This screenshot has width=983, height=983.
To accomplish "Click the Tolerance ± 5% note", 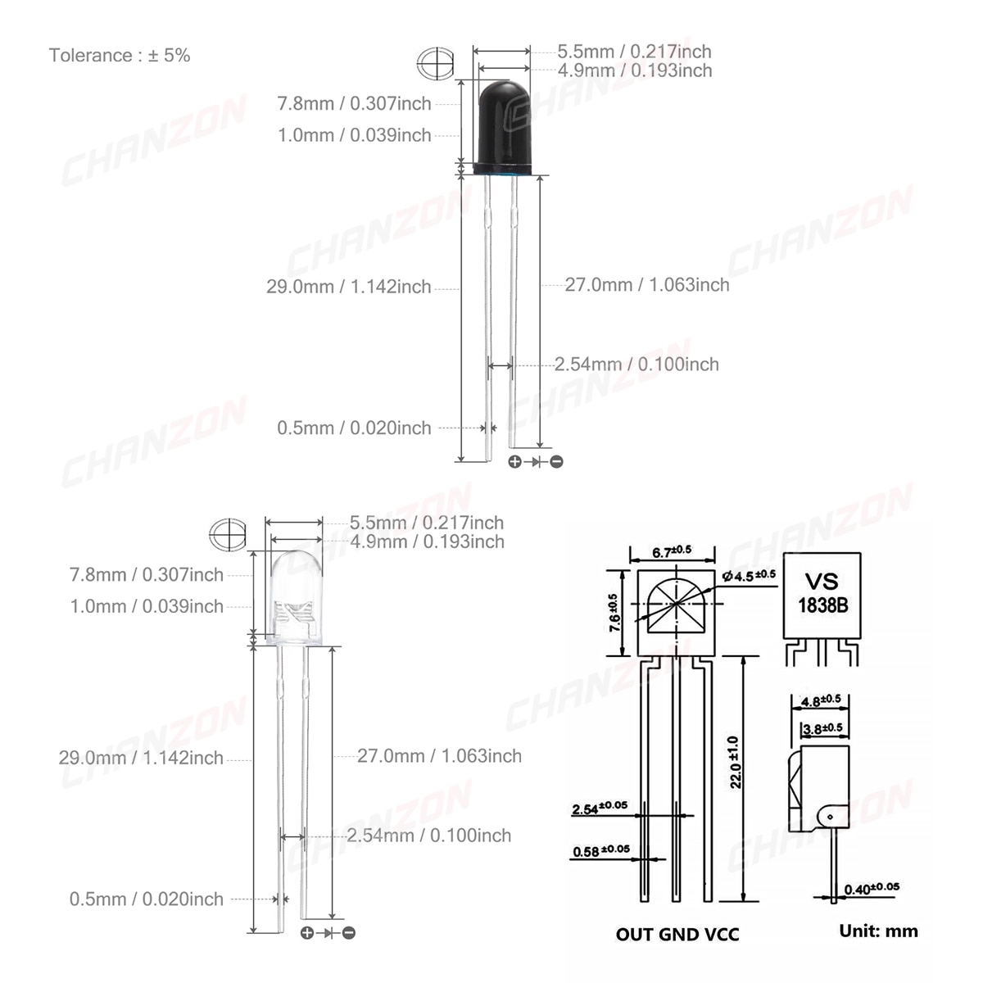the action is pyautogui.click(x=120, y=55).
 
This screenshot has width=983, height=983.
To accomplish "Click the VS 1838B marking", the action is pyautogui.click(x=822, y=593).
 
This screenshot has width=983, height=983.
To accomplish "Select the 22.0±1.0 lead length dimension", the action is pyautogui.click(x=735, y=762).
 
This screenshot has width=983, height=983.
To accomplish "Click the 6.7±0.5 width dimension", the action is pyautogui.click(x=672, y=551).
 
